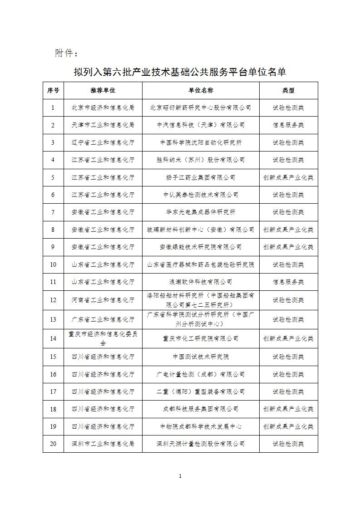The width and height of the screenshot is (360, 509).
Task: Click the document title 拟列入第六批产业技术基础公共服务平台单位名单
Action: pyautogui.click(x=180, y=72)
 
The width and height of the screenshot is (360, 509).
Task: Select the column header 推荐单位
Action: pyautogui.click(x=103, y=90)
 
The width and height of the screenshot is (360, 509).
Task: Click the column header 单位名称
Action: pyautogui.click(x=201, y=90)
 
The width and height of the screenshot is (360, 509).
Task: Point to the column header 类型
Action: pyautogui.click(x=288, y=90)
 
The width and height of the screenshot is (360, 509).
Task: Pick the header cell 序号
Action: pyautogui.click(x=53, y=90)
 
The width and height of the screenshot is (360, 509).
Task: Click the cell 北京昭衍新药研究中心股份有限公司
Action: pyautogui.click(x=201, y=108)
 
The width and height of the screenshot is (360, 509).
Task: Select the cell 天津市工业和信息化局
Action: pyautogui.click(x=103, y=125)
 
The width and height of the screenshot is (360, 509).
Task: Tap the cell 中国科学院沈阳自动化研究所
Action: pyautogui.click(x=201, y=142)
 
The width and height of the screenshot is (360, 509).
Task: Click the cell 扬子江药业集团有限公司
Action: pyautogui.click(x=201, y=177)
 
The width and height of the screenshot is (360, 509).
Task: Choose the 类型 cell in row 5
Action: pyautogui.click(x=288, y=177)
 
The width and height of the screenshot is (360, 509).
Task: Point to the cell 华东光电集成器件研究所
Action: pyautogui.click(x=201, y=212)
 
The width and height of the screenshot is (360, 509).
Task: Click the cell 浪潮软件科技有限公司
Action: pyautogui.click(x=201, y=282)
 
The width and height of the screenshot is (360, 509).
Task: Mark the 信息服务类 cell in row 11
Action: pyautogui.click(x=288, y=282)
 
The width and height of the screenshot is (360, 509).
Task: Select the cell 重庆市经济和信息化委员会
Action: pyautogui.click(x=103, y=338)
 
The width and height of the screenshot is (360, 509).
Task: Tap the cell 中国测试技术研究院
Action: pyautogui.click(x=201, y=357)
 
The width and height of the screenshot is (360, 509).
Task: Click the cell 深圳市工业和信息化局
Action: pyautogui.click(x=103, y=443)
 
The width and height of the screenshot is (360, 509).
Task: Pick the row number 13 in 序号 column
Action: pyautogui.click(x=53, y=319)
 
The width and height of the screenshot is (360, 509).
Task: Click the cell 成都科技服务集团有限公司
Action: pyautogui.click(x=201, y=409)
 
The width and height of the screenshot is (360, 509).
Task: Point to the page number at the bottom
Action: pyautogui.click(x=180, y=476)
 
